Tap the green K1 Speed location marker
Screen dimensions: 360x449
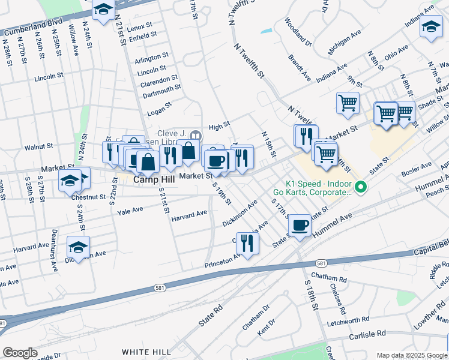click(360, 188)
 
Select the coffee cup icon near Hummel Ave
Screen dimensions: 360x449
click(300, 226)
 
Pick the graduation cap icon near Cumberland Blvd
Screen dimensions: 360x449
click(104, 10)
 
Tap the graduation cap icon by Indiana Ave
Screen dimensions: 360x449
click(431, 26)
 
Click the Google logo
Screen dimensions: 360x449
click(20, 353)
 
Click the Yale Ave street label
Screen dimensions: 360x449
click(130, 211)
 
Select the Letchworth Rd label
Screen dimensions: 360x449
click(348, 322)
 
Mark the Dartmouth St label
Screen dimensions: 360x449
click(161, 89)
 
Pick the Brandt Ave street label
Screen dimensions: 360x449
click(299, 68)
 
